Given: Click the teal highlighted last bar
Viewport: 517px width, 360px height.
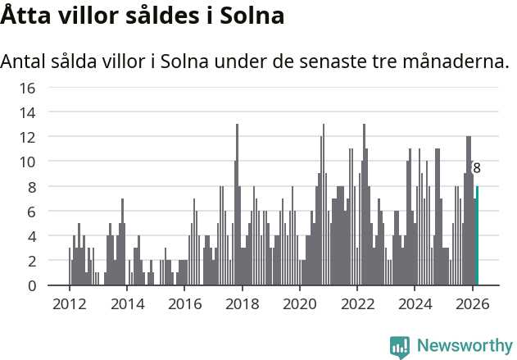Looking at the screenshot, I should tap(477, 236).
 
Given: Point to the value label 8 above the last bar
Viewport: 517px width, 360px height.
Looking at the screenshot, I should tap(477, 168).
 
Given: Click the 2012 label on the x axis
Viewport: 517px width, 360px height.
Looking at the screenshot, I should tap(69, 303).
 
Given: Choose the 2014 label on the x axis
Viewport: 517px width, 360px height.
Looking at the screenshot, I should tap(126, 303).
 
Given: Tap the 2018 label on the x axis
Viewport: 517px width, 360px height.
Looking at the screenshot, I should tap(242, 303).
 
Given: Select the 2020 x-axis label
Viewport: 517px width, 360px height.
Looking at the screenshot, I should tap(299, 303).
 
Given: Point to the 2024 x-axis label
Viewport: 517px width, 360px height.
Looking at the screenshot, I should tap(415, 303).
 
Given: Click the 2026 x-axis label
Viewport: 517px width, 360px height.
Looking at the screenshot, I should tap(472, 303).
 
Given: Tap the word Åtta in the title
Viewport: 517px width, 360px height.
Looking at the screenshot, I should tap(25, 16).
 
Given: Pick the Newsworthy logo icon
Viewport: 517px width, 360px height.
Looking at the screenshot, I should tap(400, 346).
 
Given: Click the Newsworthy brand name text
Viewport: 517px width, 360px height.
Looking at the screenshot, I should tap(465, 346).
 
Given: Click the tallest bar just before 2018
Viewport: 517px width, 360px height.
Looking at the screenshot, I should tap(237, 205).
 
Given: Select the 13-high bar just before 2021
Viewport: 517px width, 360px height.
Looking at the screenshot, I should tap(323, 205).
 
